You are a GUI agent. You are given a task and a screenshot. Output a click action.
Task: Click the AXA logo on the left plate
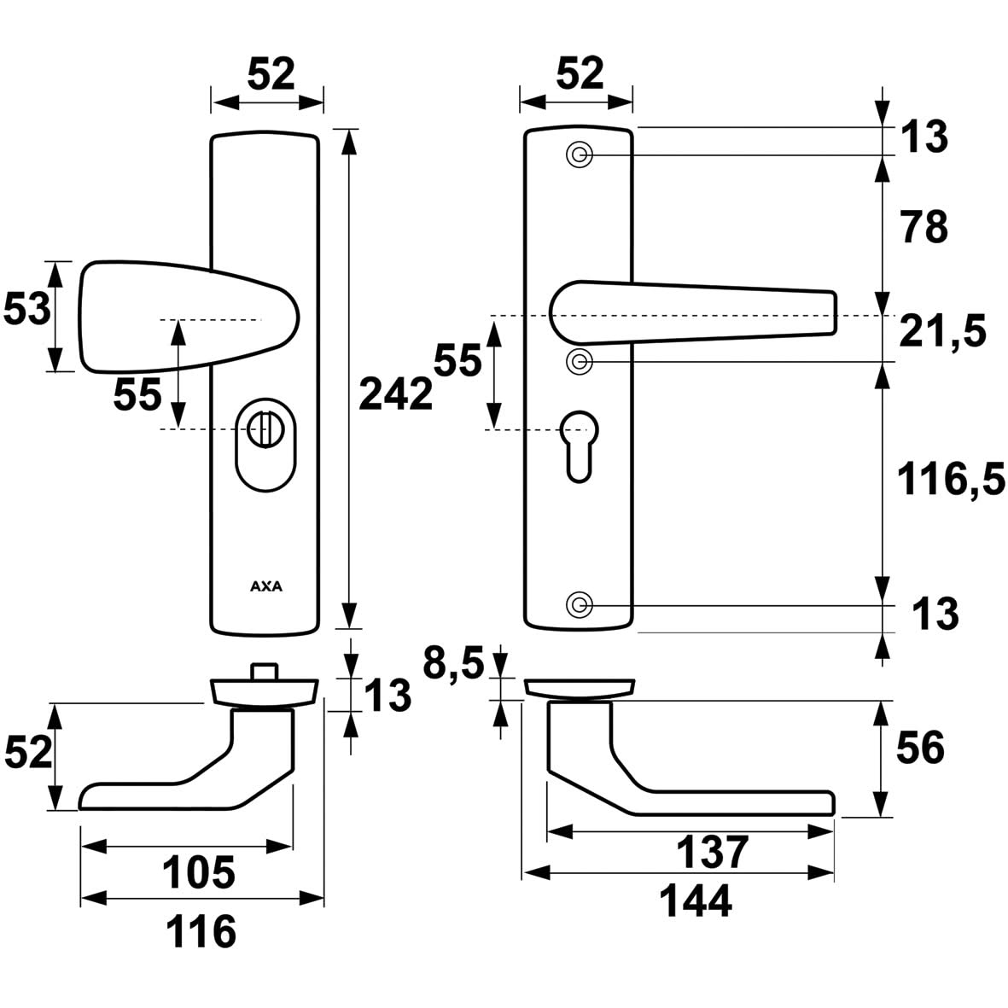266,586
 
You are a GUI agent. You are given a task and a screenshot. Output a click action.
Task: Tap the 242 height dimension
395,394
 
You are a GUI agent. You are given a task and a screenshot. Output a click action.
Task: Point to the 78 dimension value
923,228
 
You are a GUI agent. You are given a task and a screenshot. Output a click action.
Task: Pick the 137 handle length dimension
712,852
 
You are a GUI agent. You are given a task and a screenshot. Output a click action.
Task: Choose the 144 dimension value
696,900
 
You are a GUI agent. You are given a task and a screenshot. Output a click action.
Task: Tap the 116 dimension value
202,930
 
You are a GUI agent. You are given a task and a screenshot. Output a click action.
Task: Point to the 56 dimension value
919,749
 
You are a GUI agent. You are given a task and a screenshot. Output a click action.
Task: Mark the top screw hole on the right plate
580,154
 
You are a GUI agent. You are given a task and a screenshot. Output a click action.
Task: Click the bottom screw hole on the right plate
580,605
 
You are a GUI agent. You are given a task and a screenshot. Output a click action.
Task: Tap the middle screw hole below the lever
580,361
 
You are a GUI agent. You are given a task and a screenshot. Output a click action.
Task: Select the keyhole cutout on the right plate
579,443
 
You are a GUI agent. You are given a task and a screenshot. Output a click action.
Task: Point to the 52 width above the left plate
271,73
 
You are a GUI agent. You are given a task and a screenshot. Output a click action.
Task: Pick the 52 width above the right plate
580,73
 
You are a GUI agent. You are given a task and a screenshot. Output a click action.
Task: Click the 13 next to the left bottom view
388,696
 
